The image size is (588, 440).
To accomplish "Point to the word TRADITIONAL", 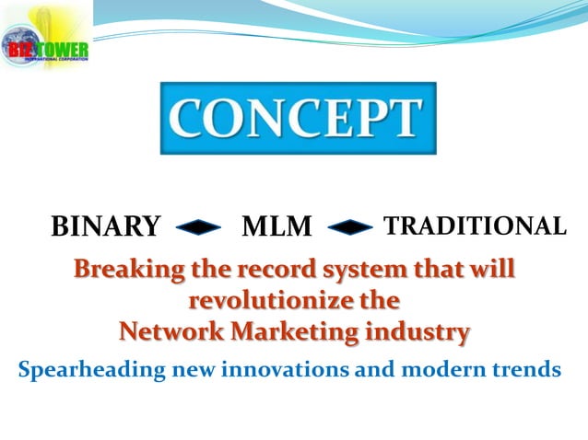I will (x=474, y=226).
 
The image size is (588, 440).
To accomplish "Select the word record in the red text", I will (x=274, y=272).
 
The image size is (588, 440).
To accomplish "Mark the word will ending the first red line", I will (x=493, y=271).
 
